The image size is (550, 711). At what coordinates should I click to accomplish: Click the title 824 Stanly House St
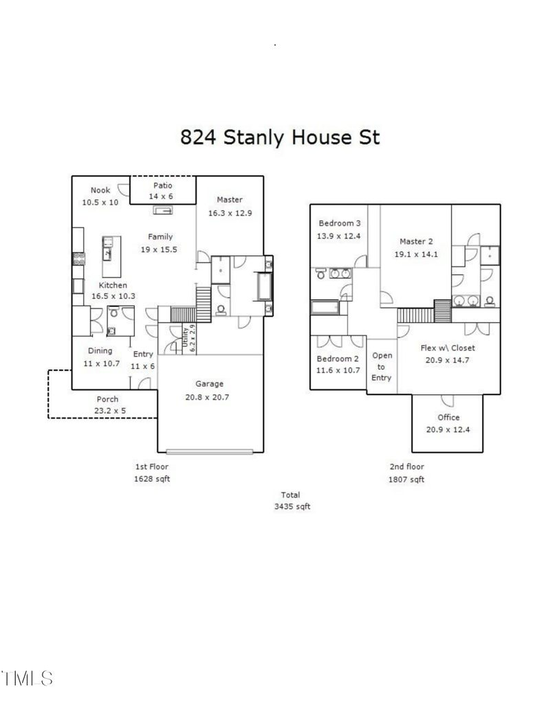point(279,137)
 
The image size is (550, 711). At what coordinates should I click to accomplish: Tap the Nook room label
point(100,190)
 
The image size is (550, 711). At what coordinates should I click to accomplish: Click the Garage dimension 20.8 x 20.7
point(210,396)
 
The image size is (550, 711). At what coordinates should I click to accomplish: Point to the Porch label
point(107,398)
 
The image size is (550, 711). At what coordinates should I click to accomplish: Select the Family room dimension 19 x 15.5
point(159,249)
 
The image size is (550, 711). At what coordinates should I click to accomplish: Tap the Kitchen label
point(113,285)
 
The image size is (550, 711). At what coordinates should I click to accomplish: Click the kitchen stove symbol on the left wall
point(78,260)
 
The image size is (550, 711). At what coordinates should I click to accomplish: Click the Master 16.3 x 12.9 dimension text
point(230,213)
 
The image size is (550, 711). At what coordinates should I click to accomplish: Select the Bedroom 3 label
point(339,223)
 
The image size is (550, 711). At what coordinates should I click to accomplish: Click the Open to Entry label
point(382,367)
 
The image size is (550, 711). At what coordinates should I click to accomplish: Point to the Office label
point(448,417)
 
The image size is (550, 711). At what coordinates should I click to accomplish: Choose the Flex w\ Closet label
point(448,348)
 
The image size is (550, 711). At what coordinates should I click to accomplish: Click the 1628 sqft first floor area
point(152,479)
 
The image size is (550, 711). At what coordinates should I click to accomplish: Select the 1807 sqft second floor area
point(406,479)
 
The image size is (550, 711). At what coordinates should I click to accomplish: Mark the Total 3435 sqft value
point(290,507)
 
